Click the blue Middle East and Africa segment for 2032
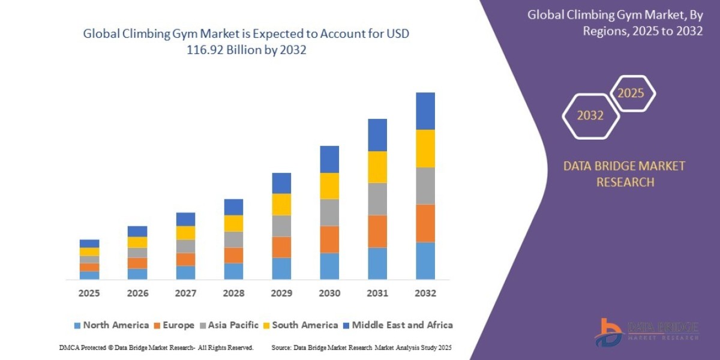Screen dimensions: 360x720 425,111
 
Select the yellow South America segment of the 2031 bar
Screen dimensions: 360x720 377,167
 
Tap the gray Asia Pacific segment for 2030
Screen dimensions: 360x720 329,212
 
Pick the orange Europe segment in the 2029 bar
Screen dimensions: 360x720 281,247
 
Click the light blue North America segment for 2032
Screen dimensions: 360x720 425,260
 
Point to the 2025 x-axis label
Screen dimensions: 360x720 89,293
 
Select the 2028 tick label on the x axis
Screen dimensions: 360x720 233,293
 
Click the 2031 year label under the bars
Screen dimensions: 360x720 377,293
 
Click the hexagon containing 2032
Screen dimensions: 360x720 590,116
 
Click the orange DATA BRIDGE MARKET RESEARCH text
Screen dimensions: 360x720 624,174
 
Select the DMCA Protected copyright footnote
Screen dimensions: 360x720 156,347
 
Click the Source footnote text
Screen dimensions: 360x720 361,347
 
